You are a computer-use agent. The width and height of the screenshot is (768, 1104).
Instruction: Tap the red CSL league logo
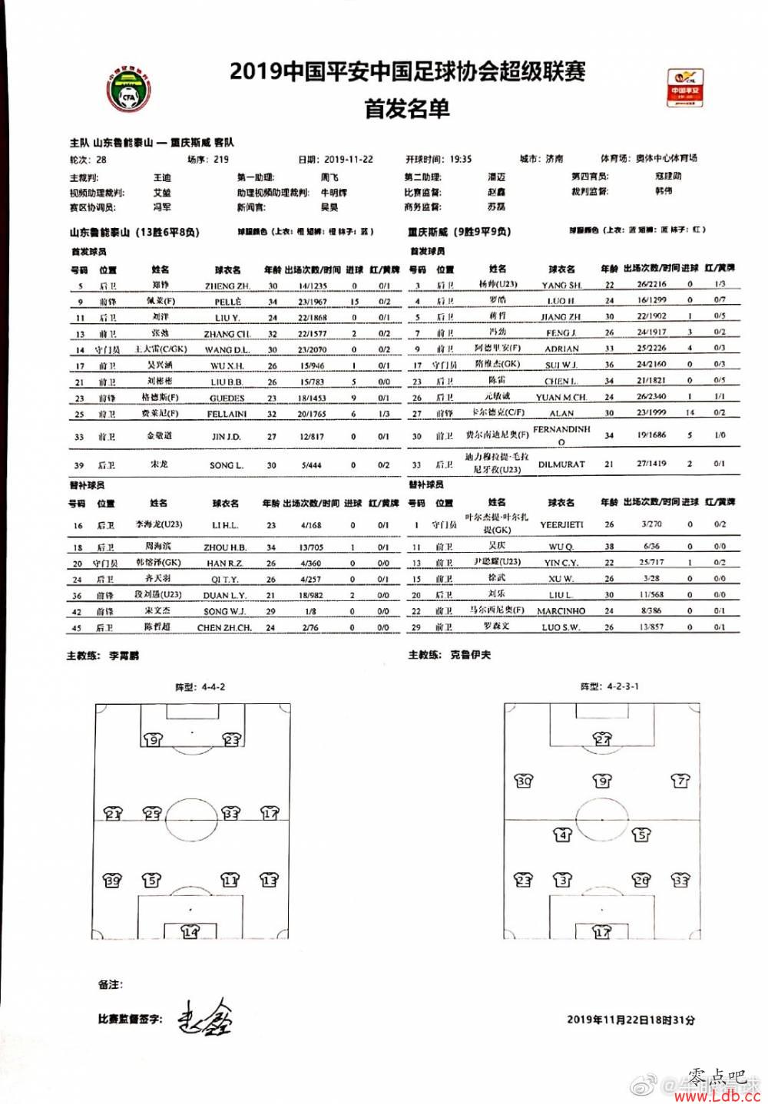click(684, 87)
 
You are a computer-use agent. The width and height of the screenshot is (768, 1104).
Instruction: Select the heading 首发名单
click(407, 108)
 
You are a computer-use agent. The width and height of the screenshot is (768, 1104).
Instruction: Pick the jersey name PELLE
click(228, 302)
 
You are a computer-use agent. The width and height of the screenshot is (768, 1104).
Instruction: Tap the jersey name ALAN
click(561, 413)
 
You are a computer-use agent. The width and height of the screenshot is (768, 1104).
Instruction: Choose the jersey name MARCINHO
click(561, 611)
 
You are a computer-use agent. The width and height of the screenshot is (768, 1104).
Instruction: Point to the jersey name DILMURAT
click(561, 464)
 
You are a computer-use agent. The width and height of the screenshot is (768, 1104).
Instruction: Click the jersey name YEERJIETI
click(561, 524)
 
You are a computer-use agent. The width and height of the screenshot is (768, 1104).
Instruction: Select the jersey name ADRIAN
click(561, 349)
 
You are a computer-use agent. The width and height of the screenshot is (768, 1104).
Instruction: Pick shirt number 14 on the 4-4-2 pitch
click(190, 931)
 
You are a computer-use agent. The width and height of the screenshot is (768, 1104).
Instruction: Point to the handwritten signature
click(205, 1018)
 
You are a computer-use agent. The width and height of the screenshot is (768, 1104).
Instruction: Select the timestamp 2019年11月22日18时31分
click(631, 1020)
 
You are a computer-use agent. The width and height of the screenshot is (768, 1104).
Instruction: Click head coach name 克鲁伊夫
click(470, 655)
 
